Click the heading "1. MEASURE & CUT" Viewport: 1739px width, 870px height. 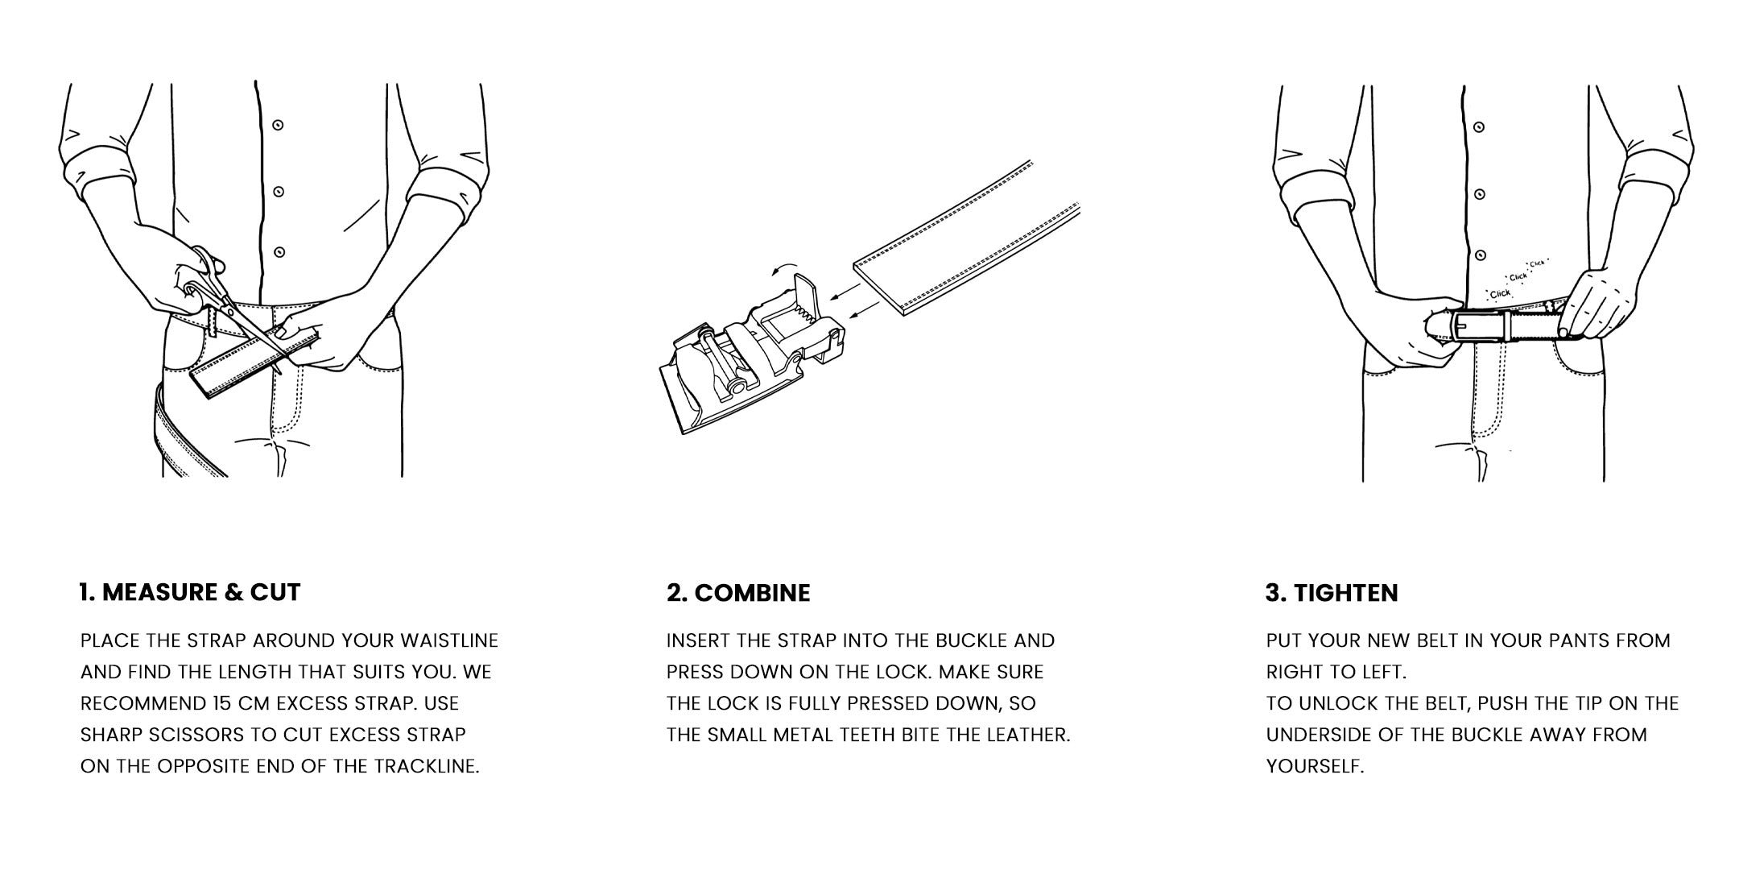pos(190,593)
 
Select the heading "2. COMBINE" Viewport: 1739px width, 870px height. pos(738,593)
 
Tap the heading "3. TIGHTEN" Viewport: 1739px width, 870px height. pos(1332,593)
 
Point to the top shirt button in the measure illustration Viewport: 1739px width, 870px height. pos(279,125)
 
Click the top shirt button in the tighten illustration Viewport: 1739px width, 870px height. pos(1479,126)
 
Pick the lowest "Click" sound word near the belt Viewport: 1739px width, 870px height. pos(1500,294)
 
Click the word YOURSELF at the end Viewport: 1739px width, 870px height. pos(1316,766)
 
